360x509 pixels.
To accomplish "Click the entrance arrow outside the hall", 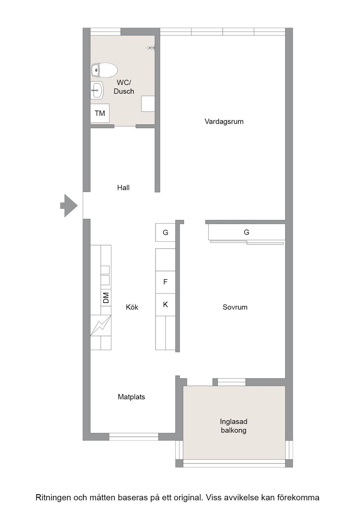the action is pos(69,205).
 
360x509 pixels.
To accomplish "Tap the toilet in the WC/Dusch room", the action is pos(104,70).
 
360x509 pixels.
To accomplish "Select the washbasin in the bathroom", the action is pos(97,90).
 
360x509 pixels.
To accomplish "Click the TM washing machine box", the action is pos(100,113).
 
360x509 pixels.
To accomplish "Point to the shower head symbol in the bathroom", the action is pos(151,48).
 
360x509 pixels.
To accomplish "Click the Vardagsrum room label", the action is pos(224,121).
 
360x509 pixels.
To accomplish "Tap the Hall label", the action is pos(123,188).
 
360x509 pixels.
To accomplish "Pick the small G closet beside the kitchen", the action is pos(165,232).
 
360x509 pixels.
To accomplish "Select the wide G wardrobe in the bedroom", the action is pos(247,232).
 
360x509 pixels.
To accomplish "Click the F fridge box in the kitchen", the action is pos(165,282).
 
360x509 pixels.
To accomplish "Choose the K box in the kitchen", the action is pos(165,304).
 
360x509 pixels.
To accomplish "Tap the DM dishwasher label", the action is pos(106,298).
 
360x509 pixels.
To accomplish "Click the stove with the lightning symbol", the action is pos(101,325).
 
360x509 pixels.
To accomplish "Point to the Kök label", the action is pos(132,307).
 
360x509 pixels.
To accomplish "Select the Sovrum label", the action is pos(235,307).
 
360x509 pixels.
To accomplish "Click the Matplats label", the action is pos(132,397).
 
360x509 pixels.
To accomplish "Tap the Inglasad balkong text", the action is pos(234,426).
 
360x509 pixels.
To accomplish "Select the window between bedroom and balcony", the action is pos(232,382).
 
